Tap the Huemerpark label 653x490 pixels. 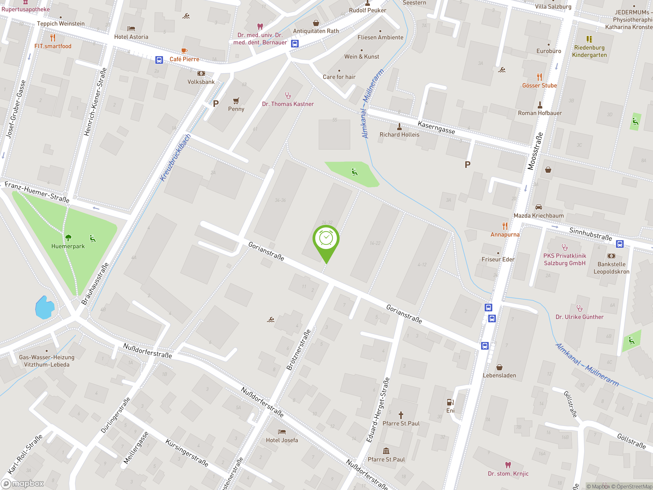pos(68,246)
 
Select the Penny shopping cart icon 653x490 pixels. pos(236,101)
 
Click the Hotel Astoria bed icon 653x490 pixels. pos(131,29)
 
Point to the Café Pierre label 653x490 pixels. pos(184,59)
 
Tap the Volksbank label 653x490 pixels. pos(201,82)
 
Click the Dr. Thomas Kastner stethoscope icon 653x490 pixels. pos(288,96)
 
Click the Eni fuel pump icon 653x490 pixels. pos(450,402)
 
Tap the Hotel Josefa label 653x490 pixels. pos(282,440)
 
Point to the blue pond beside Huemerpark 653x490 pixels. pos(45,308)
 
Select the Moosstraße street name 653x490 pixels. pos(535,151)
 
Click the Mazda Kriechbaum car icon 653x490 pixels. pos(539,207)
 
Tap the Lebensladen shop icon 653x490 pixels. pos(499,367)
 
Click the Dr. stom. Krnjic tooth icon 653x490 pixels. pos(508,465)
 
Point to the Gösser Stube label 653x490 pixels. pos(539,85)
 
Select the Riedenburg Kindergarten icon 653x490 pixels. pos(589,39)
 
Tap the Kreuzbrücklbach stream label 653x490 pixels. pos(175,158)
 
